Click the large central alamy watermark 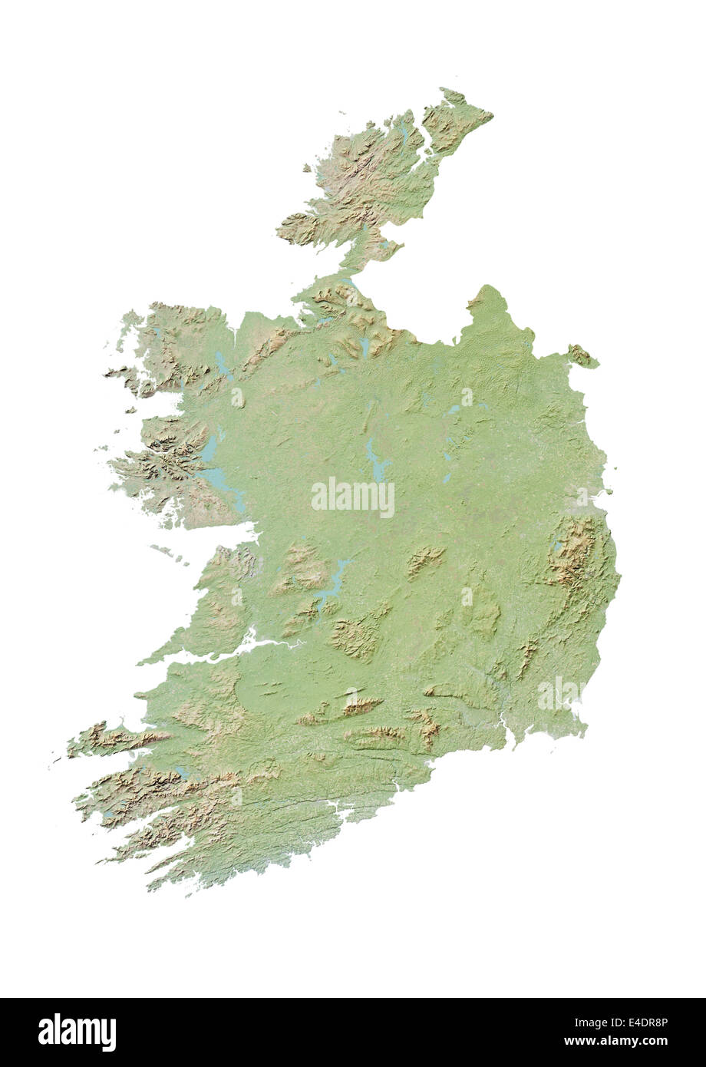[353, 497]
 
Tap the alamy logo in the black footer [77, 1032]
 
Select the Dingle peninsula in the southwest [115, 739]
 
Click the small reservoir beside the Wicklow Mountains [556, 547]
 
